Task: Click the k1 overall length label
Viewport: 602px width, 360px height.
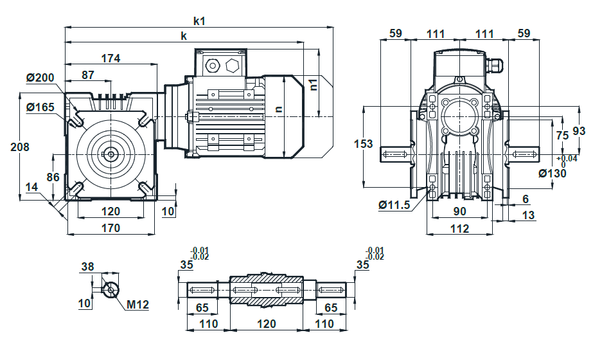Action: [199, 21]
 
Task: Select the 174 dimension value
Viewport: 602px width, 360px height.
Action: [111, 59]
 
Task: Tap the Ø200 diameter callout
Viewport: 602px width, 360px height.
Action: [40, 78]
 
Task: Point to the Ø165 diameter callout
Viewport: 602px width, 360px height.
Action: [40, 107]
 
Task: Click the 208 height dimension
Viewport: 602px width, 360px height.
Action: [19, 147]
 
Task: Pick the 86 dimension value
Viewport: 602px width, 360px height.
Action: [53, 177]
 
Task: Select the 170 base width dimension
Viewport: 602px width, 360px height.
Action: [111, 228]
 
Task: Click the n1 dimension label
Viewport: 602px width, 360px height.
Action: [314, 84]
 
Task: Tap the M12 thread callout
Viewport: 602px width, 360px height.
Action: [137, 305]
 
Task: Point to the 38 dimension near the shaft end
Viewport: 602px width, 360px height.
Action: [87, 267]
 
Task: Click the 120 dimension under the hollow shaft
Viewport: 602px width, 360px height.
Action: [266, 324]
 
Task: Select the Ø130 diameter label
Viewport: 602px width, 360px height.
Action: [552, 174]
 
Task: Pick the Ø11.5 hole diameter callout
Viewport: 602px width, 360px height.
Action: [394, 205]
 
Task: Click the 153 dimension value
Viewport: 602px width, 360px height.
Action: [363, 144]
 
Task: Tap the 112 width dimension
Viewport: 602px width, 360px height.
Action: [459, 229]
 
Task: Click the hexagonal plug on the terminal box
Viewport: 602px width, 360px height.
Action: [233, 66]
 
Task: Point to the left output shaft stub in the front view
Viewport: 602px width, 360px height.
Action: [396, 154]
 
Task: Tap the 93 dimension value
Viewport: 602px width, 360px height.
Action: [579, 131]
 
